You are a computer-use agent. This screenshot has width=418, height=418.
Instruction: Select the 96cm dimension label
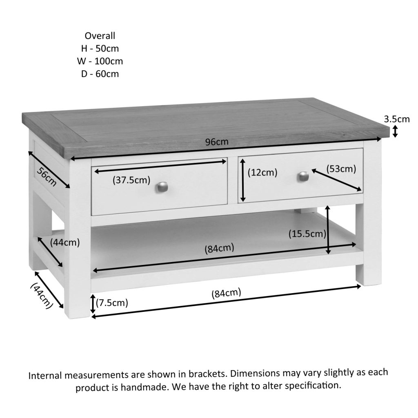(x=217, y=142)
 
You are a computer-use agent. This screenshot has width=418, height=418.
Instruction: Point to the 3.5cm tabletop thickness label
(x=396, y=119)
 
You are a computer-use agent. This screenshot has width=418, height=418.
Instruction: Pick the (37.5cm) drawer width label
(x=131, y=180)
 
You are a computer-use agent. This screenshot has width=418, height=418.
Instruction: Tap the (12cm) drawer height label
(x=262, y=172)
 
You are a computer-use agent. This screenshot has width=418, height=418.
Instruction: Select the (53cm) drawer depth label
(x=341, y=169)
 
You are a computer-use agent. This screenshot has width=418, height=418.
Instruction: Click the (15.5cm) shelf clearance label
(x=307, y=234)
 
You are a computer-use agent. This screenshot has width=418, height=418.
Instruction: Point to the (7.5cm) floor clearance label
(x=112, y=302)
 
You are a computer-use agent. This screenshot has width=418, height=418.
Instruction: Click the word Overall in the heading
(x=100, y=36)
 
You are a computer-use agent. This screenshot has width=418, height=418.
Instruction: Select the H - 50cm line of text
(x=100, y=49)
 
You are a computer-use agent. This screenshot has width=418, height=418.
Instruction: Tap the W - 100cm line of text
(x=100, y=61)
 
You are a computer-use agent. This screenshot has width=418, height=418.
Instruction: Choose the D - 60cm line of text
(x=100, y=74)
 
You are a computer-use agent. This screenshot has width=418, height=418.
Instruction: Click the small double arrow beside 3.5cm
(x=395, y=131)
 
